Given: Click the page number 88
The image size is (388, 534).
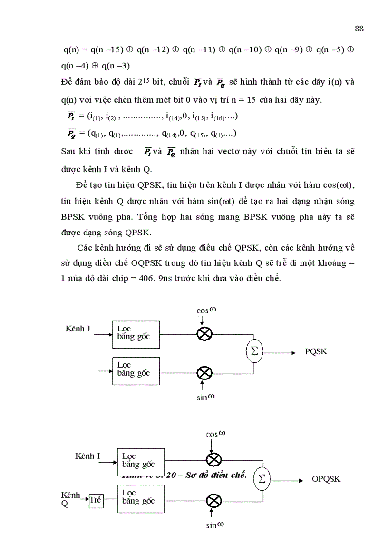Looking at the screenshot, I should [359, 29].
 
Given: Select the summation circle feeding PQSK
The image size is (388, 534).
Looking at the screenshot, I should [254, 352].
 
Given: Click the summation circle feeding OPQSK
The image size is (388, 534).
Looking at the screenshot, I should [262, 479].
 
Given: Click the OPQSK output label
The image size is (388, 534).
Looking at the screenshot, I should [326, 479].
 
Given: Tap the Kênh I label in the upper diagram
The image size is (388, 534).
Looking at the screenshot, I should [78, 329].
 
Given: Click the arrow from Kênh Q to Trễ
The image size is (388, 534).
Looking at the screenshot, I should [84, 499].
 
